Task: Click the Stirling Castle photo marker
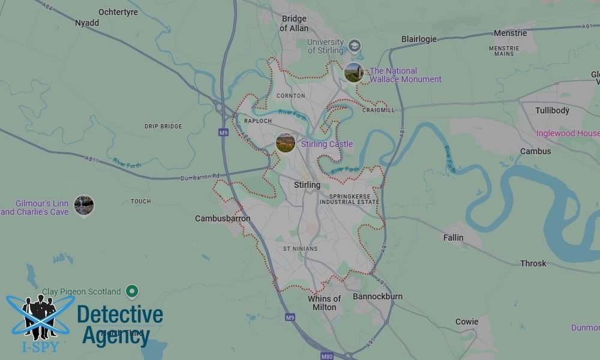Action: (285, 143)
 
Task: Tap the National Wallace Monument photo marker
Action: (353, 72)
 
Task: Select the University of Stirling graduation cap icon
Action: (355, 46)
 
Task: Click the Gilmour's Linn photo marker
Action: (84, 205)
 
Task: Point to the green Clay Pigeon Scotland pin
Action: (133, 292)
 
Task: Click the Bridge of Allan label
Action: (295, 23)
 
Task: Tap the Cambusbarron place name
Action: (223, 219)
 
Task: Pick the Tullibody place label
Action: (552, 111)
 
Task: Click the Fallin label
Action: (453, 238)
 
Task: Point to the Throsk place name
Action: (533, 263)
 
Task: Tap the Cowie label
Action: (467, 322)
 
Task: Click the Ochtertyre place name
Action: (118, 12)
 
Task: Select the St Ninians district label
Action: (301, 249)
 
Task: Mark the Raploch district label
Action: (259, 121)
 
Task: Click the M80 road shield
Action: (327, 356)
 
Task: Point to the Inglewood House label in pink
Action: (568, 133)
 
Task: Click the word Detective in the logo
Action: (120, 314)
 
